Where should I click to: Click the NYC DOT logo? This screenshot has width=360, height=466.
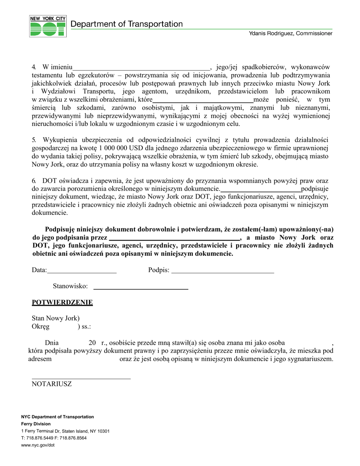click(x=48, y=26)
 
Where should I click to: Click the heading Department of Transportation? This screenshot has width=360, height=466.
click(x=127, y=24)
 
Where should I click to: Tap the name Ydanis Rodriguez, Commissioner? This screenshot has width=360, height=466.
click(x=291, y=34)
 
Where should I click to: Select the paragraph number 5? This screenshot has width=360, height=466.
click(x=33, y=140)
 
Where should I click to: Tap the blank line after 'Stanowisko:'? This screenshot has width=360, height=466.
click(x=141, y=288)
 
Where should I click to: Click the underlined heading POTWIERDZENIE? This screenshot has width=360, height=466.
click(x=62, y=302)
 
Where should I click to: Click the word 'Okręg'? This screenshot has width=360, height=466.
click(x=41, y=327)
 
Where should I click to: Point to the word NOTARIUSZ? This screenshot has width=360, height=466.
click(x=52, y=384)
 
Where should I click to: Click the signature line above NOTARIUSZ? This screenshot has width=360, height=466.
click(x=81, y=378)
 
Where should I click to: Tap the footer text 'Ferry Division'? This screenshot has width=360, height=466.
click(x=36, y=424)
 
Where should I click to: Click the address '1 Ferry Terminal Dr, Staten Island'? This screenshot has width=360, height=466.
click(x=65, y=431)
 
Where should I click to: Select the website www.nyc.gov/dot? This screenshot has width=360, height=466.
click(x=38, y=445)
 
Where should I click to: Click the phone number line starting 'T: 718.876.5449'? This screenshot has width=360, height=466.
click(x=54, y=438)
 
